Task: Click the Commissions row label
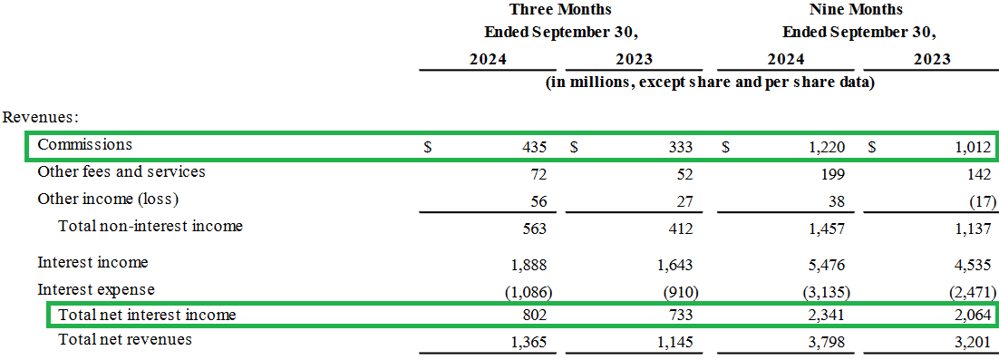[x=84, y=145]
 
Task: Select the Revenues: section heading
[x=41, y=118]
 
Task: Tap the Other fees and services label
[x=121, y=171]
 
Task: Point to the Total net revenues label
[x=125, y=340]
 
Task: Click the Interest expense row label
[x=96, y=290]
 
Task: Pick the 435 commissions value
[x=534, y=146]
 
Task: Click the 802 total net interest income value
[x=534, y=316]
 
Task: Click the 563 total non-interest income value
[x=534, y=228]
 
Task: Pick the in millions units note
[x=709, y=83]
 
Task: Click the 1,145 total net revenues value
[x=674, y=341]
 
